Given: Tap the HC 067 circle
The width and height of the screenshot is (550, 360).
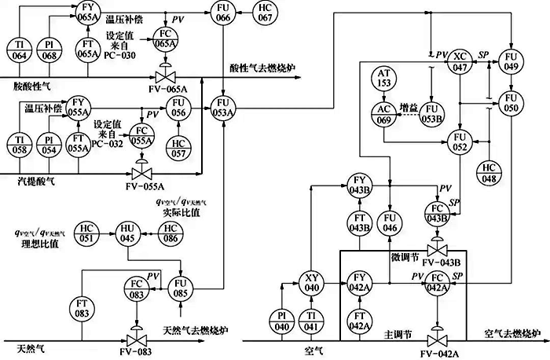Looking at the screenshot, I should coord(263,12).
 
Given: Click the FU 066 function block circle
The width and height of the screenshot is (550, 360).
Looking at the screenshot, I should coord(223,12).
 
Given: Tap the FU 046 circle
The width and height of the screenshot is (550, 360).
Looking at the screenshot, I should coord(390,222).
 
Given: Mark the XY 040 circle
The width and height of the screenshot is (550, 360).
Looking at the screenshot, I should coord(311,283).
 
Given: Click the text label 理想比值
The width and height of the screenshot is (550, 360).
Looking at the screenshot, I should coord(37,245).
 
